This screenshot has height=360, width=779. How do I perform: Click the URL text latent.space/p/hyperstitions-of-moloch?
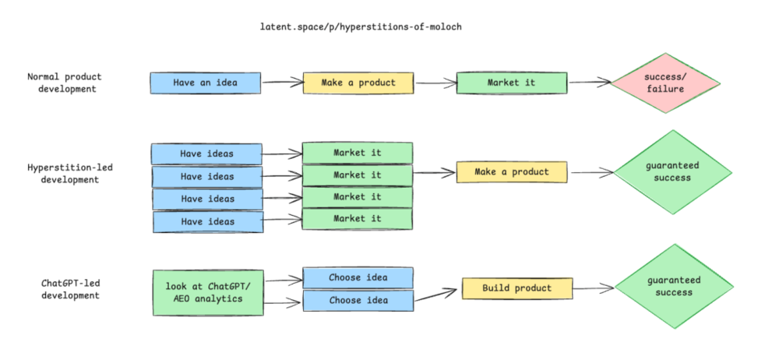pyautogui.click(x=361, y=26)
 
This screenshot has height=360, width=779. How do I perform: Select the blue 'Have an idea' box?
pyautogui.click(x=205, y=83)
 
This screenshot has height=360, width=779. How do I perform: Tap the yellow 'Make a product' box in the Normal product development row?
pyautogui.click(x=358, y=83)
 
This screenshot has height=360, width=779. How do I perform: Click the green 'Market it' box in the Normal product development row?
pyautogui.click(x=512, y=83)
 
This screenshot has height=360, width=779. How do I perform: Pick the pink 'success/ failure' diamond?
pyautogui.click(x=665, y=83)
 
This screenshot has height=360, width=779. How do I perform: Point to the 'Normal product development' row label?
pyautogui.click(x=64, y=83)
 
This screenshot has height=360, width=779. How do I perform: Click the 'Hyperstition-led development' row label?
pyautogui.click(x=70, y=174)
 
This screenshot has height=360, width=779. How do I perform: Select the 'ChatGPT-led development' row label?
pyautogui.click(x=70, y=289)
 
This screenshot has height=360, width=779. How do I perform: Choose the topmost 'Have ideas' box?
pyautogui.click(x=206, y=154)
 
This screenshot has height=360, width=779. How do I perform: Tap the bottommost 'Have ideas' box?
pyautogui.click(x=208, y=222)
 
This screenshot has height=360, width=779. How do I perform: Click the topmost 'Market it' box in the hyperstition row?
pyautogui.click(x=358, y=153)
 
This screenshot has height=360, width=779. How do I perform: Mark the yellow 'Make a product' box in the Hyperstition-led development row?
pyautogui.click(x=512, y=172)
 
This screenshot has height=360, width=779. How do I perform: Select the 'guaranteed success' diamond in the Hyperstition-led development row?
pyautogui.click(x=673, y=172)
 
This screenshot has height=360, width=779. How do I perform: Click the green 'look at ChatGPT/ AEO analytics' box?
pyautogui.click(x=208, y=293)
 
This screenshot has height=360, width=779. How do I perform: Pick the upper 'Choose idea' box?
pyautogui.click(x=358, y=278)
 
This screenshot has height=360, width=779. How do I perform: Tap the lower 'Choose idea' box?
pyautogui.click(x=358, y=301)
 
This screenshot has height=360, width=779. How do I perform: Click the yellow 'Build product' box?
pyautogui.click(x=517, y=288)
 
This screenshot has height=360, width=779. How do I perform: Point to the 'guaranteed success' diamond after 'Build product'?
pyautogui.click(x=674, y=287)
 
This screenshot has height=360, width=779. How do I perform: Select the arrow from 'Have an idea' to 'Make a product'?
pyautogui.click(x=282, y=82)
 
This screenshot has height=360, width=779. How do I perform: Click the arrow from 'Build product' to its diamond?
pyautogui.click(x=594, y=288)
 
